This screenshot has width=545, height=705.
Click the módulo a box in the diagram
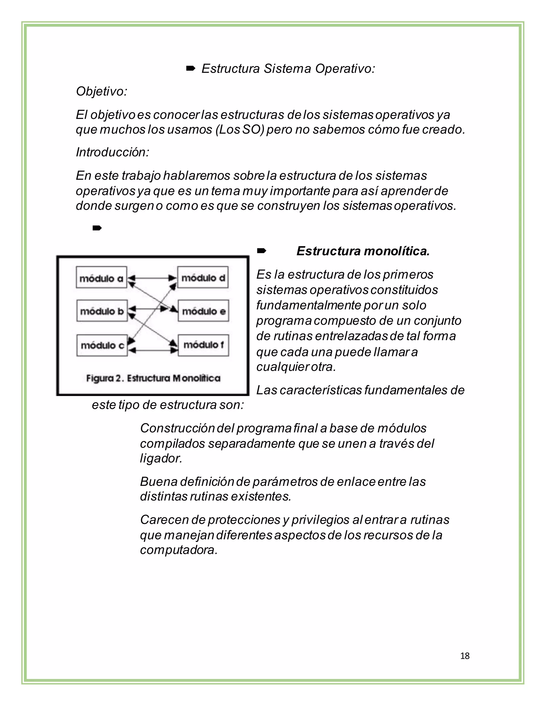coord(101,277)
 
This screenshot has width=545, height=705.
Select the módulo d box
coord(203,277)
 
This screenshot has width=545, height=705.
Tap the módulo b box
coord(102,311)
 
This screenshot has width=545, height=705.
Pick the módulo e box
coord(203,311)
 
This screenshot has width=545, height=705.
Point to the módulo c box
coord(102,345)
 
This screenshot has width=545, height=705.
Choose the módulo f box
coord(203,345)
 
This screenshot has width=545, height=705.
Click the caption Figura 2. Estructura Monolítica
coord(153,378)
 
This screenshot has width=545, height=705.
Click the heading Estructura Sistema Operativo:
coord(288,69)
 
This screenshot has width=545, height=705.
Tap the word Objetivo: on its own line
coord(102,91)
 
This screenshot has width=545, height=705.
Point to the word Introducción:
coord(112,152)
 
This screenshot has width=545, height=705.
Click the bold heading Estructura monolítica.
coord(363,251)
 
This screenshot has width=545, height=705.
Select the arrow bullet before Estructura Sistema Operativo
coord(191,68)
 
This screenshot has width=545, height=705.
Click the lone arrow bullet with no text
coord(97,228)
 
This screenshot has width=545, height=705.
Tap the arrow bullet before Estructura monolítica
coord(261,251)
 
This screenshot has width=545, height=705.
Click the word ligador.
coord(161,458)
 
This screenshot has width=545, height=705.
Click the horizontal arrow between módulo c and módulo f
coord(153,350)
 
